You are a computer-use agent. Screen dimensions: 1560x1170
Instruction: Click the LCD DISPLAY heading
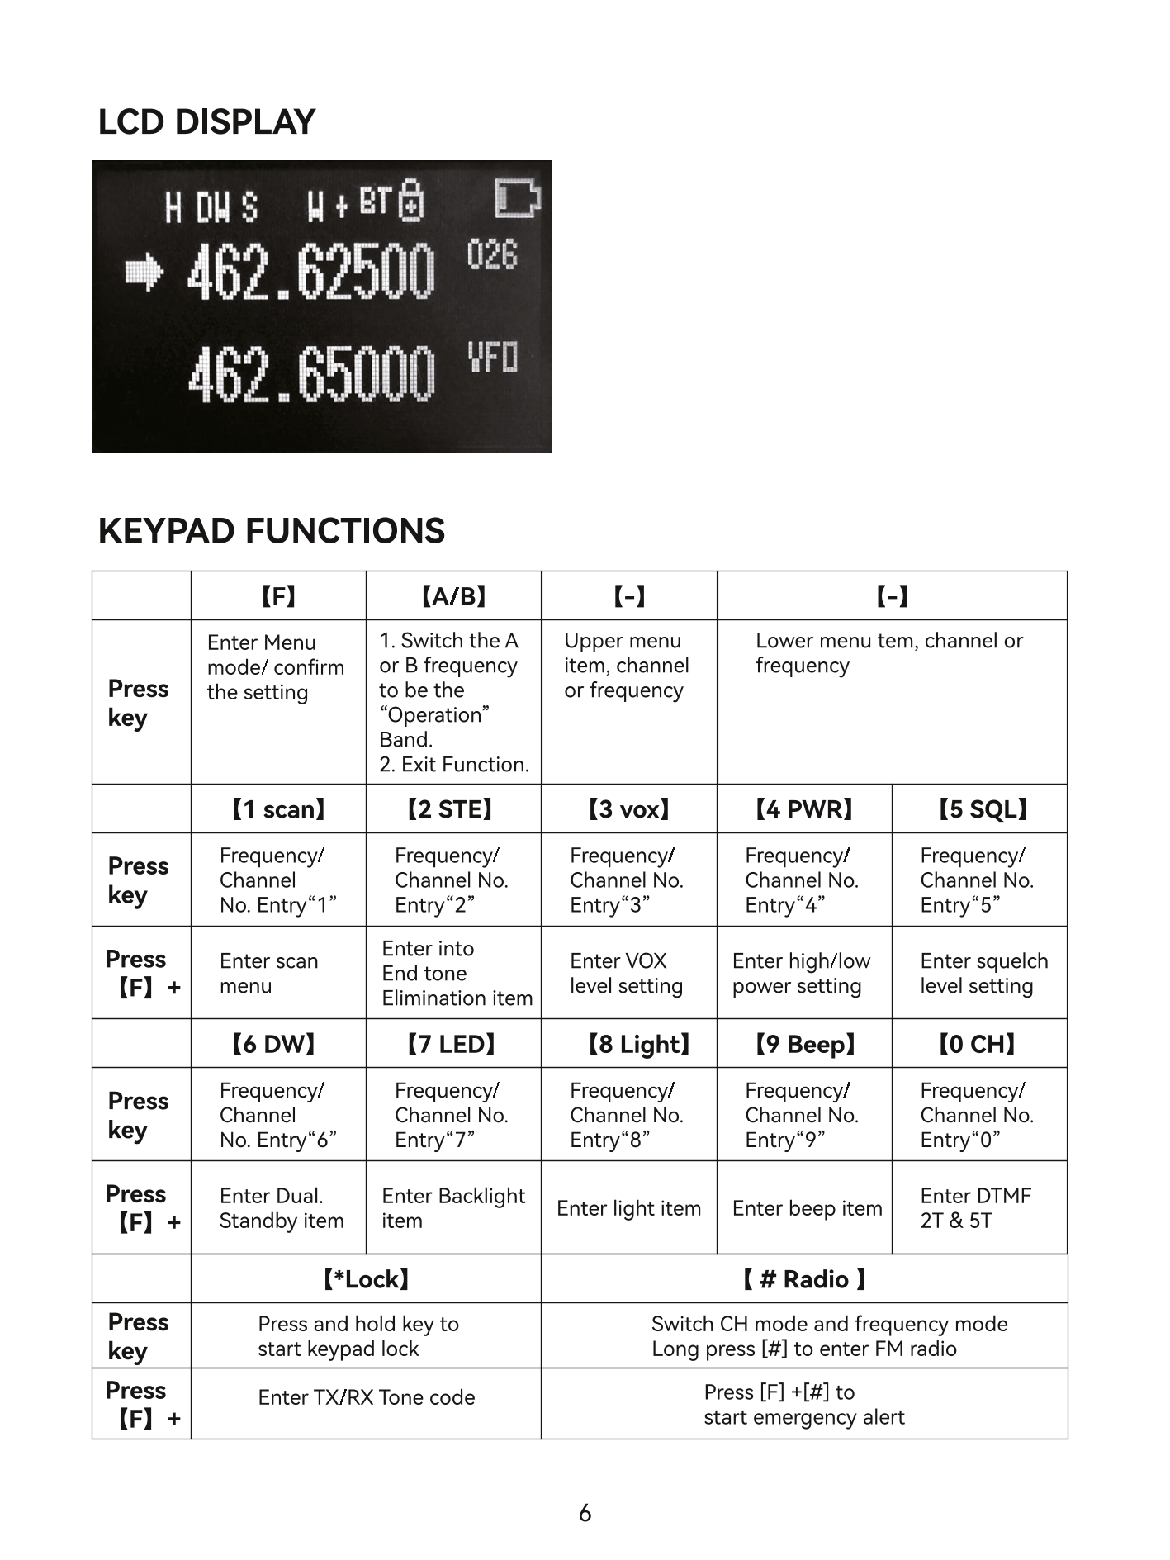206,122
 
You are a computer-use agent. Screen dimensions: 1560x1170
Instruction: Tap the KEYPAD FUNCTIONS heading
271,531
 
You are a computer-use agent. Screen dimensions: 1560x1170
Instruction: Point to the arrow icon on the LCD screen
144,273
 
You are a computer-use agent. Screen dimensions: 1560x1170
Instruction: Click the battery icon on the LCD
517,198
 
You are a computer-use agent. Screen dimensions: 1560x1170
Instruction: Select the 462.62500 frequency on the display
310,273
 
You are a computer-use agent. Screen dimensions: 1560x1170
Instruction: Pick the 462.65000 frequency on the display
310,376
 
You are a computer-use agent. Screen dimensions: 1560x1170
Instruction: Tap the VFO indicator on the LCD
493,358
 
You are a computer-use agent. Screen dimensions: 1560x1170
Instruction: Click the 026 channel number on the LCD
492,254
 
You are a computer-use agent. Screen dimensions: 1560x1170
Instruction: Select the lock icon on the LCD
411,201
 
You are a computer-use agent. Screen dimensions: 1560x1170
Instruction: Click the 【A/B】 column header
453,595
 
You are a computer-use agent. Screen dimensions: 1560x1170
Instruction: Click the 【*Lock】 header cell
366,1279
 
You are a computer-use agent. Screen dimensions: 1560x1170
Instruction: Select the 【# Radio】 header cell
803,1279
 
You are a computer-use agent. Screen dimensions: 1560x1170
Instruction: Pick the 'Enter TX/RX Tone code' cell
366,1397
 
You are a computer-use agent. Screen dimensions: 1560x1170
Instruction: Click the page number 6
585,1513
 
